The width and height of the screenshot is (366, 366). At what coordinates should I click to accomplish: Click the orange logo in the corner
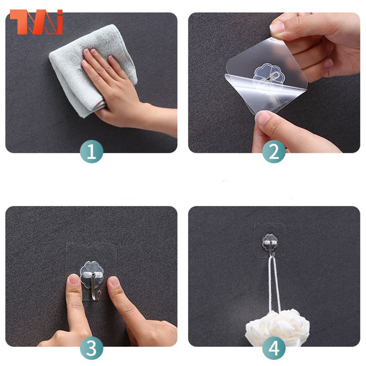[36, 22]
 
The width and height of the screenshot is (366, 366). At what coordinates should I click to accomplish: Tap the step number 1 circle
[91, 152]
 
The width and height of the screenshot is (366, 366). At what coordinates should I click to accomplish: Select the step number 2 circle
[274, 152]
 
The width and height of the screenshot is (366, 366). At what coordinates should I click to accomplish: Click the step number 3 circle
[91, 348]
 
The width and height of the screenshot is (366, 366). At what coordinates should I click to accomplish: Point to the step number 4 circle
[274, 348]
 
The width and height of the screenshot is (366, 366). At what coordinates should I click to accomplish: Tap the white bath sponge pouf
[277, 326]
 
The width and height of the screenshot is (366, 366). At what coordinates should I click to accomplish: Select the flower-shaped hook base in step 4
[270, 242]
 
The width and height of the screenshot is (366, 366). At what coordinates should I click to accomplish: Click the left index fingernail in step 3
[74, 280]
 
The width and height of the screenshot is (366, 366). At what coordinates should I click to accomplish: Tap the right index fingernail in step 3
[115, 282]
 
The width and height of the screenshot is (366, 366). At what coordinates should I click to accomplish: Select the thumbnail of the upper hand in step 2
[277, 28]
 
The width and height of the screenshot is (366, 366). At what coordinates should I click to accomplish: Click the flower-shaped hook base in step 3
[92, 275]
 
